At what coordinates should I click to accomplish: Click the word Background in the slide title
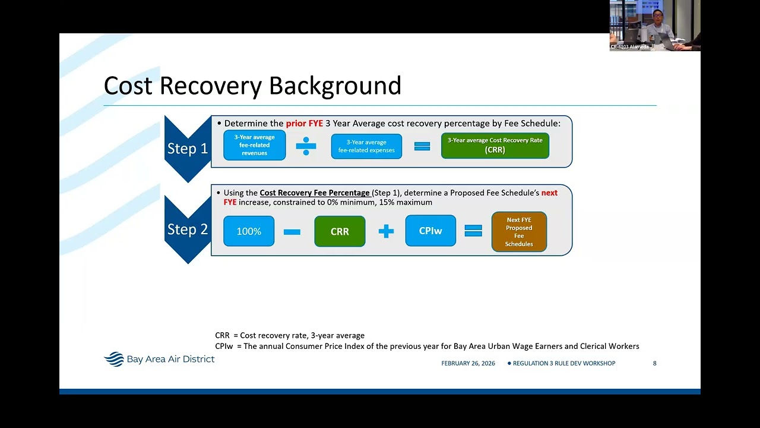(335, 86)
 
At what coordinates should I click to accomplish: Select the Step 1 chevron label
(188, 149)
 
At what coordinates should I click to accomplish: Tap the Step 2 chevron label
(188, 229)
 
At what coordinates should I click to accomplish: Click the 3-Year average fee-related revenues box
(255, 145)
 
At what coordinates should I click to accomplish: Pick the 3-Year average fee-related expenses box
(366, 146)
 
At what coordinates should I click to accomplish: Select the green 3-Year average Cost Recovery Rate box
(495, 146)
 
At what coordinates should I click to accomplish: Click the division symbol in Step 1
(306, 146)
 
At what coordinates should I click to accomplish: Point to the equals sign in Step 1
(422, 146)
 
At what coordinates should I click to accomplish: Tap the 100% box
(249, 231)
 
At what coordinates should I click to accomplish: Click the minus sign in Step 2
(292, 232)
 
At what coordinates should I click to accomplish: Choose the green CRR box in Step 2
(340, 231)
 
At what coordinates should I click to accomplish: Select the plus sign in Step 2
(386, 232)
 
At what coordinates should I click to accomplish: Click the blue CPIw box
(430, 231)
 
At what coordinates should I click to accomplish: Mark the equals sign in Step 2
(473, 231)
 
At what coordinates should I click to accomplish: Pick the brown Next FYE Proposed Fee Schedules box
(519, 232)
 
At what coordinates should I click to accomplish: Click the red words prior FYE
(305, 123)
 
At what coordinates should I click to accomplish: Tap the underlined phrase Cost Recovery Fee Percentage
(315, 193)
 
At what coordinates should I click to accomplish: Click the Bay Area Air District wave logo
(113, 359)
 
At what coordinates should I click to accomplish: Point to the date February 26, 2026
(468, 363)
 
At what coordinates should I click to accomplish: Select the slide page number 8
(654, 363)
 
